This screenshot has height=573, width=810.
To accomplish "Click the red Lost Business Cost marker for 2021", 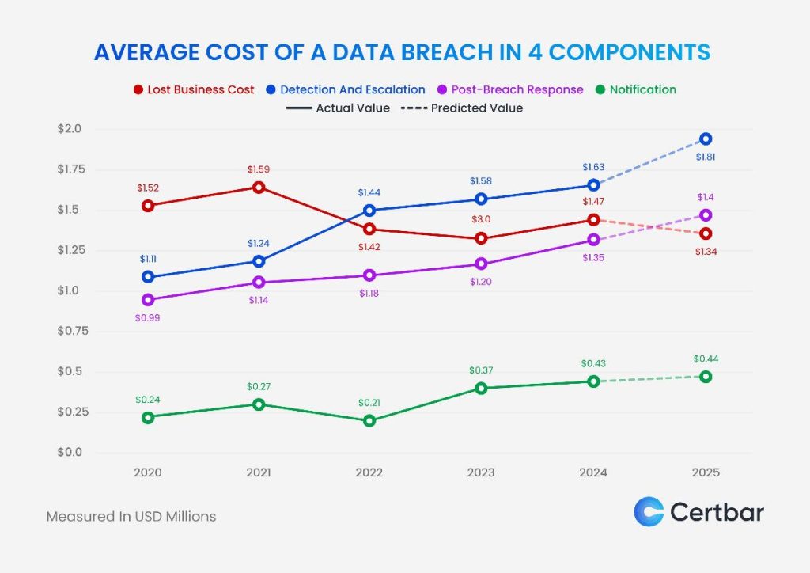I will click(259, 188).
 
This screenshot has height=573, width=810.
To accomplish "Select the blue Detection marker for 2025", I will click(706, 139).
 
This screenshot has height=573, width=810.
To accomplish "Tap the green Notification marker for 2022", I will click(369, 421).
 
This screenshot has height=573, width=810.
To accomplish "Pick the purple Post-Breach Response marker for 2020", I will click(148, 300).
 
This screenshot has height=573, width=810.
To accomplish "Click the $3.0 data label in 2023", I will click(480, 219).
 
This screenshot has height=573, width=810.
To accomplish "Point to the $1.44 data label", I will click(369, 192).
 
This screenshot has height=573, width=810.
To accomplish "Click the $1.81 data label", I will click(706, 157).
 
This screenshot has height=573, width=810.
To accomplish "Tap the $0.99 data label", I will click(148, 318).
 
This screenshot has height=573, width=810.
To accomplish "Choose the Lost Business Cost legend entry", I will click(194, 89).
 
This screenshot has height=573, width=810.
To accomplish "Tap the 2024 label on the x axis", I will click(592, 472).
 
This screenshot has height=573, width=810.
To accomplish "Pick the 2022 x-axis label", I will click(369, 472).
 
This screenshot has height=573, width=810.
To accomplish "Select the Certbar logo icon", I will click(649, 511).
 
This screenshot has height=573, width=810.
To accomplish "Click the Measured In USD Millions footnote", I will click(131, 516).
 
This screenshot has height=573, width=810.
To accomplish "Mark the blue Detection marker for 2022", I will click(369, 211).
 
